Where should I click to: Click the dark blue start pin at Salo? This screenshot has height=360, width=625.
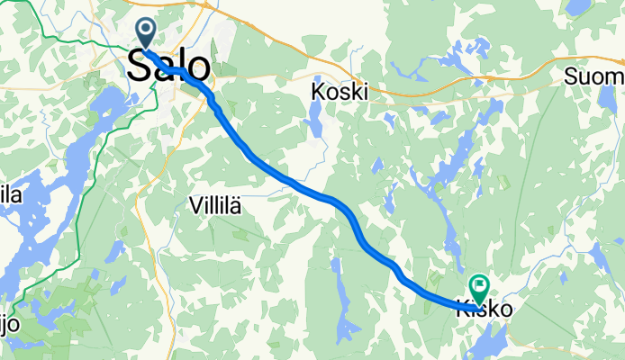(x=144, y=34)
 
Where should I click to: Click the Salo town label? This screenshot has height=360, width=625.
(x=170, y=66)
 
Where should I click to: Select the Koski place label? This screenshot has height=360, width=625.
(x=340, y=91)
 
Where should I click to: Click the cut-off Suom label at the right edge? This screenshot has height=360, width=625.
(x=594, y=77)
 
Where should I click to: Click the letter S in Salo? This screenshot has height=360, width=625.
(x=140, y=66)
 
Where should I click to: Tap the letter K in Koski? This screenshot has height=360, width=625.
(x=318, y=91)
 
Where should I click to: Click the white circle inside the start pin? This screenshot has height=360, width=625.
(x=144, y=30)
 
